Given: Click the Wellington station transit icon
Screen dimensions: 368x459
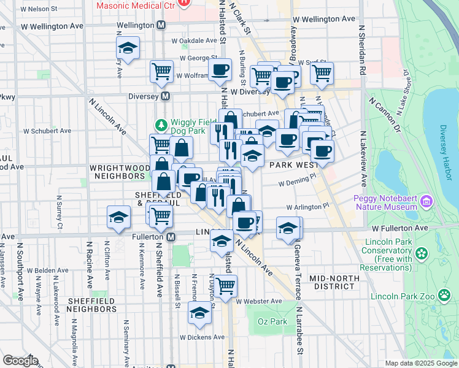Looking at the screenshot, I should point(161,25).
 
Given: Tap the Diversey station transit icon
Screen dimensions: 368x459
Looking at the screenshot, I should point(165,96).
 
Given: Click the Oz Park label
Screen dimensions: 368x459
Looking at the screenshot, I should point(272,321).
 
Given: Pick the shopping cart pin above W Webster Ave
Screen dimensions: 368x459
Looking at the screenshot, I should point(226,284).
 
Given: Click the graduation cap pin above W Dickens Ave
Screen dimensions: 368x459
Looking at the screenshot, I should point(199,313).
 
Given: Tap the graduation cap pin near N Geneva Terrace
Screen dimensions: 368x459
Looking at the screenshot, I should point(288,228).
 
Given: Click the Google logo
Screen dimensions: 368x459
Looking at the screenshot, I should point(20,361).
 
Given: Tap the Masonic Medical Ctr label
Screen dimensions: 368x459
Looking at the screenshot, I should point(135,4).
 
